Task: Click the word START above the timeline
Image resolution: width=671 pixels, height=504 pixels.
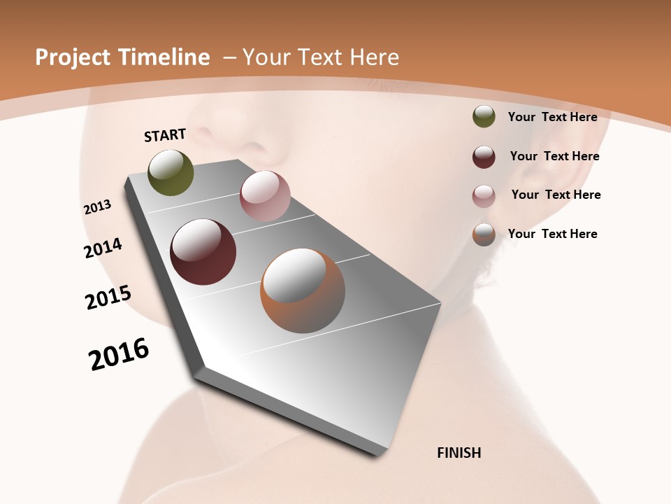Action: [165, 135]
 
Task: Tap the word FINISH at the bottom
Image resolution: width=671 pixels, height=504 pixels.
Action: [459, 453]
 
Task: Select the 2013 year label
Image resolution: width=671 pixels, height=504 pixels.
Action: [98, 207]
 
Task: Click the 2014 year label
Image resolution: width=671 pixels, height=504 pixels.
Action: [103, 248]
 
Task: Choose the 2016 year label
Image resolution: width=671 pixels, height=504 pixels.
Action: [119, 354]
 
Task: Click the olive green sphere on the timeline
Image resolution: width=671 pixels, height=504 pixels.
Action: [171, 172]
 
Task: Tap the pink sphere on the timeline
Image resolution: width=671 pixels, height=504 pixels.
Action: [265, 196]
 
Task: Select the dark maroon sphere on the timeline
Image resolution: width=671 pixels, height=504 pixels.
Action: [203, 252]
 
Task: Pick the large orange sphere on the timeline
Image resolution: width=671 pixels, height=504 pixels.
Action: [302, 290]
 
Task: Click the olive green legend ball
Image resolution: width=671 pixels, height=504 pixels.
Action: [484, 117]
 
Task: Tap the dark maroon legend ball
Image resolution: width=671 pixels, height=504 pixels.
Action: [484, 157]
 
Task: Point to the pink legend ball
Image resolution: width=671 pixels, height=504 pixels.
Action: [484, 196]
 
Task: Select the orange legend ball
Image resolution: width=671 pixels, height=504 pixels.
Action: [484, 234]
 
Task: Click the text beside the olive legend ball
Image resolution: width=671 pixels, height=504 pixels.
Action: [552, 117]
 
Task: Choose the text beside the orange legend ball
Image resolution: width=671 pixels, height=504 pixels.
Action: [552, 234]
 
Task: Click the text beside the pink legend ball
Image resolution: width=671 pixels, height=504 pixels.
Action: [556, 195]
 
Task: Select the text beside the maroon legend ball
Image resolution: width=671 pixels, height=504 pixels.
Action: [554, 156]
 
